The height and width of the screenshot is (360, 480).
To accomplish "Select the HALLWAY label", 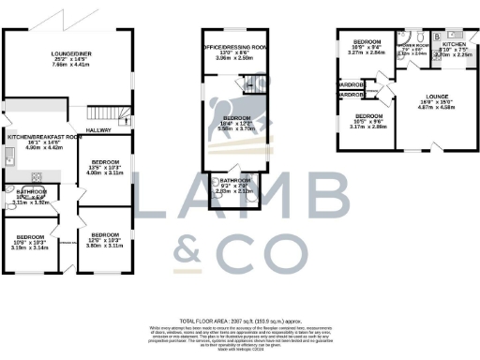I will pos(99,130).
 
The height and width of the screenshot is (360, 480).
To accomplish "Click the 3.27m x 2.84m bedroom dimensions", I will pos(367,53).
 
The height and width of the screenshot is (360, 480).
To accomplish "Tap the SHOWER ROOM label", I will pos(411,45).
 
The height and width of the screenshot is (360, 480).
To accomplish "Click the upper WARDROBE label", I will pos(352,83).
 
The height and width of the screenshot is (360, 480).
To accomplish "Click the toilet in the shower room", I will pos(424,38).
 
